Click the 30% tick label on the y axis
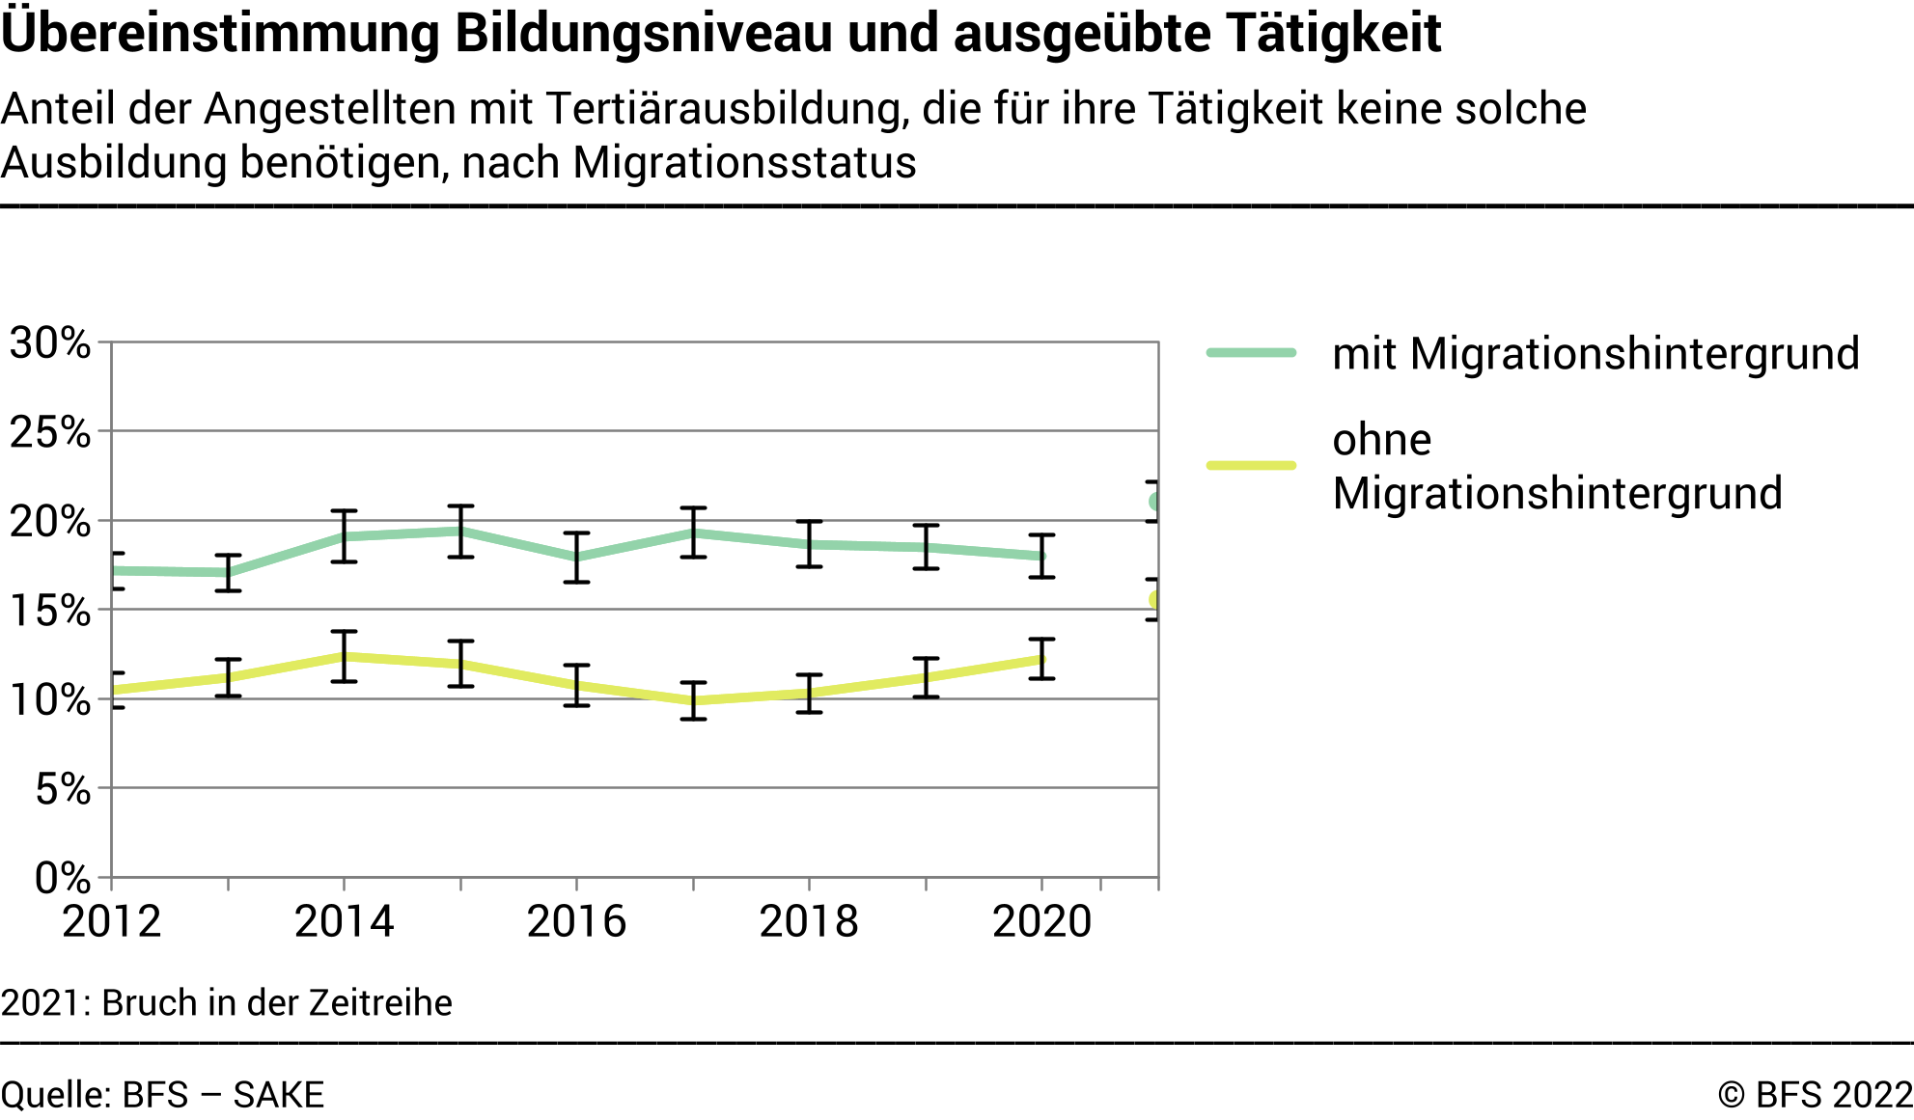[50, 343]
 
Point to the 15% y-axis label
[50, 611]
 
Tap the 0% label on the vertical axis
[62, 878]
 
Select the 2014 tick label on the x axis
[344, 921]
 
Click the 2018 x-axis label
[809, 921]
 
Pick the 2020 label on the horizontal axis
[1041, 921]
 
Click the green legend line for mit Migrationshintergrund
[1251, 353]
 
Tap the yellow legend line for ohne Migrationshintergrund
[1251, 465]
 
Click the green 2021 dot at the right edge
[1154, 502]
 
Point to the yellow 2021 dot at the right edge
[1154, 600]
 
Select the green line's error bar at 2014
[345, 536]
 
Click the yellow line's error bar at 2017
[693, 700]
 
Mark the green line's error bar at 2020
[1041, 556]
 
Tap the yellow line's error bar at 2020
[1041, 659]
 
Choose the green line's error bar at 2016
[577, 558]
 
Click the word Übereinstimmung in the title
[222, 33]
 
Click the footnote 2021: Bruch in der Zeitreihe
[227, 1003]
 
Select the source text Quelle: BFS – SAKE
[162, 1096]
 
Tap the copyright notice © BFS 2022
[1815, 1096]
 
